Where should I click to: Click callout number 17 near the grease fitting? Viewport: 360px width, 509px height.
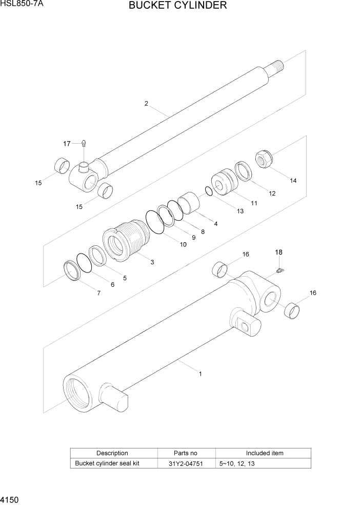click(x=67, y=144)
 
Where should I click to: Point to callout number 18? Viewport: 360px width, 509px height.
click(x=278, y=252)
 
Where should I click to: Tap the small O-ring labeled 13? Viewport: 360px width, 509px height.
click(x=208, y=191)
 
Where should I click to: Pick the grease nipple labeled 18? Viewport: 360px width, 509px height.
click(x=280, y=270)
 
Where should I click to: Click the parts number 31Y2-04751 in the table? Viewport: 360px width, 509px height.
click(x=186, y=463)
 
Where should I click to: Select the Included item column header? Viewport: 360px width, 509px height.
click(x=264, y=453)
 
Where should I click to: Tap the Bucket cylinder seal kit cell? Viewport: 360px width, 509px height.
click(x=108, y=463)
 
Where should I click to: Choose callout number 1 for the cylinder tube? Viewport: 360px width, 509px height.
click(x=200, y=374)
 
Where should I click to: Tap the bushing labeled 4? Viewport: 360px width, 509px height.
click(x=190, y=202)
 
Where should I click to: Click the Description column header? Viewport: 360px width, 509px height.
click(x=112, y=453)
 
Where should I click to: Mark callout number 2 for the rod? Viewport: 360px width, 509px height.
click(x=146, y=104)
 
